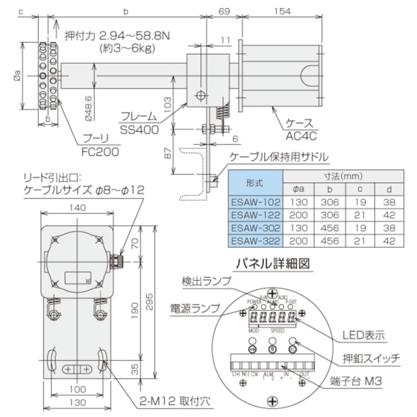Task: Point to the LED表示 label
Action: (364, 334)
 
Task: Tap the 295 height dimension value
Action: (151, 308)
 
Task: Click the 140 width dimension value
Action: (76, 208)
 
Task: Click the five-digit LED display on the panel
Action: (271, 318)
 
